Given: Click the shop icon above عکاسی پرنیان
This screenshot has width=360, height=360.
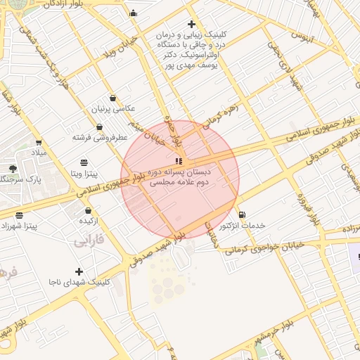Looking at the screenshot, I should tap(114, 98).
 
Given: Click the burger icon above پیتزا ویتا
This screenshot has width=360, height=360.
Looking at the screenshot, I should tap(84, 162).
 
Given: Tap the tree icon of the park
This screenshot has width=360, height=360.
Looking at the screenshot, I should tap(13, 169).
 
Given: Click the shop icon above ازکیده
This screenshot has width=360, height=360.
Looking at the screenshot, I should tap(88, 210).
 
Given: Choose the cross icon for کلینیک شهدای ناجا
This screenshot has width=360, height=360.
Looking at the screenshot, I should tap(79, 271).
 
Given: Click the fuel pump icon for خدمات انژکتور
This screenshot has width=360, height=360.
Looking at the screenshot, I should tap(242, 214).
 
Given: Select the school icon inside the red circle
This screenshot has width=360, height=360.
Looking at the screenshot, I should tap(178, 161).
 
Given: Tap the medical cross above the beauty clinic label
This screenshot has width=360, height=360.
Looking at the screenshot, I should tap(192, 24).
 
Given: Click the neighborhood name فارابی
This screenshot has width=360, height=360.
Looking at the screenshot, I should tap(88, 241).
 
